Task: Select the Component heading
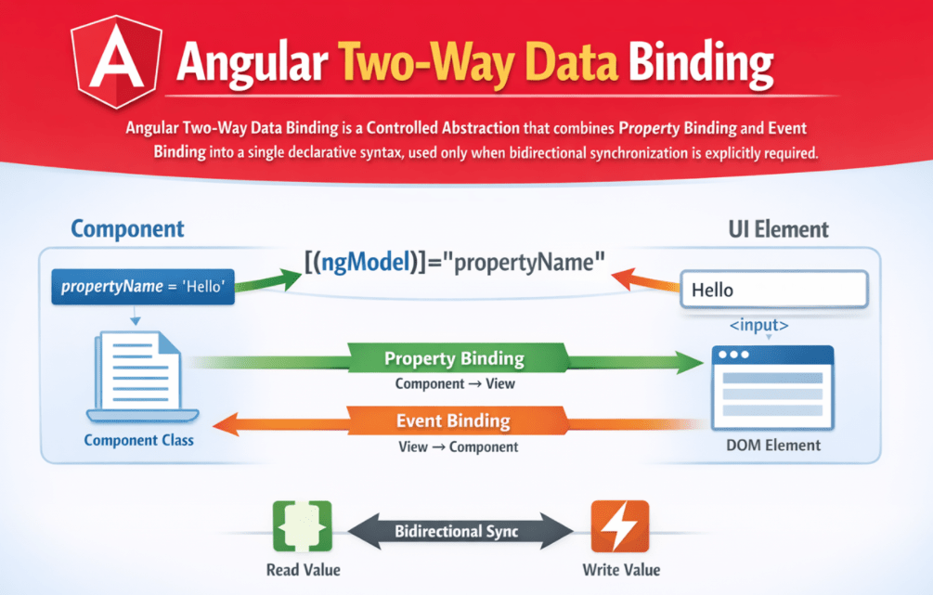[x=127, y=228]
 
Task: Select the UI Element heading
[x=780, y=229]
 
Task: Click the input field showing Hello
[x=774, y=290]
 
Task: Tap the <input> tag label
[x=758, y=326]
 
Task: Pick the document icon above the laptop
[x=139, y=371]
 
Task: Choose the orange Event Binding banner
[x=454, y=421]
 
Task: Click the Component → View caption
[x=454, y=383]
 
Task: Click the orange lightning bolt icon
[x=619, y=526]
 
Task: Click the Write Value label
[x=620, y=569]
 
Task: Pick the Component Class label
[x=139, y=440]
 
